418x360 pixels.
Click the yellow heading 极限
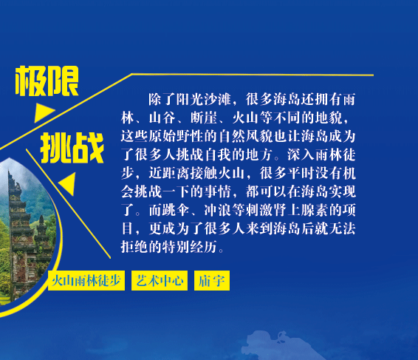[x=47, y=81]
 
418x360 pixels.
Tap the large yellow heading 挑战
[x=72, y=148]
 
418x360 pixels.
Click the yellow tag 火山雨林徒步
[x=86, y=280]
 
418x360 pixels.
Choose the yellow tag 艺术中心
[x=160, y=280]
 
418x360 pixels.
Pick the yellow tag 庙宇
[x=212, y=280]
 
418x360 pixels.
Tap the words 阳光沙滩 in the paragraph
[x=203, y=100]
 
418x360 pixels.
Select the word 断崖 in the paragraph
[x=205, y=118]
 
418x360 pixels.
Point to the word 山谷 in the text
[x=162, y=118]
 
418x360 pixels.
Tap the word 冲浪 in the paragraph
[x=218, y=210]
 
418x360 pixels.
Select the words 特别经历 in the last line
[x=190, y=247]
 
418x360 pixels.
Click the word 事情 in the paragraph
[x=218, y=191]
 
